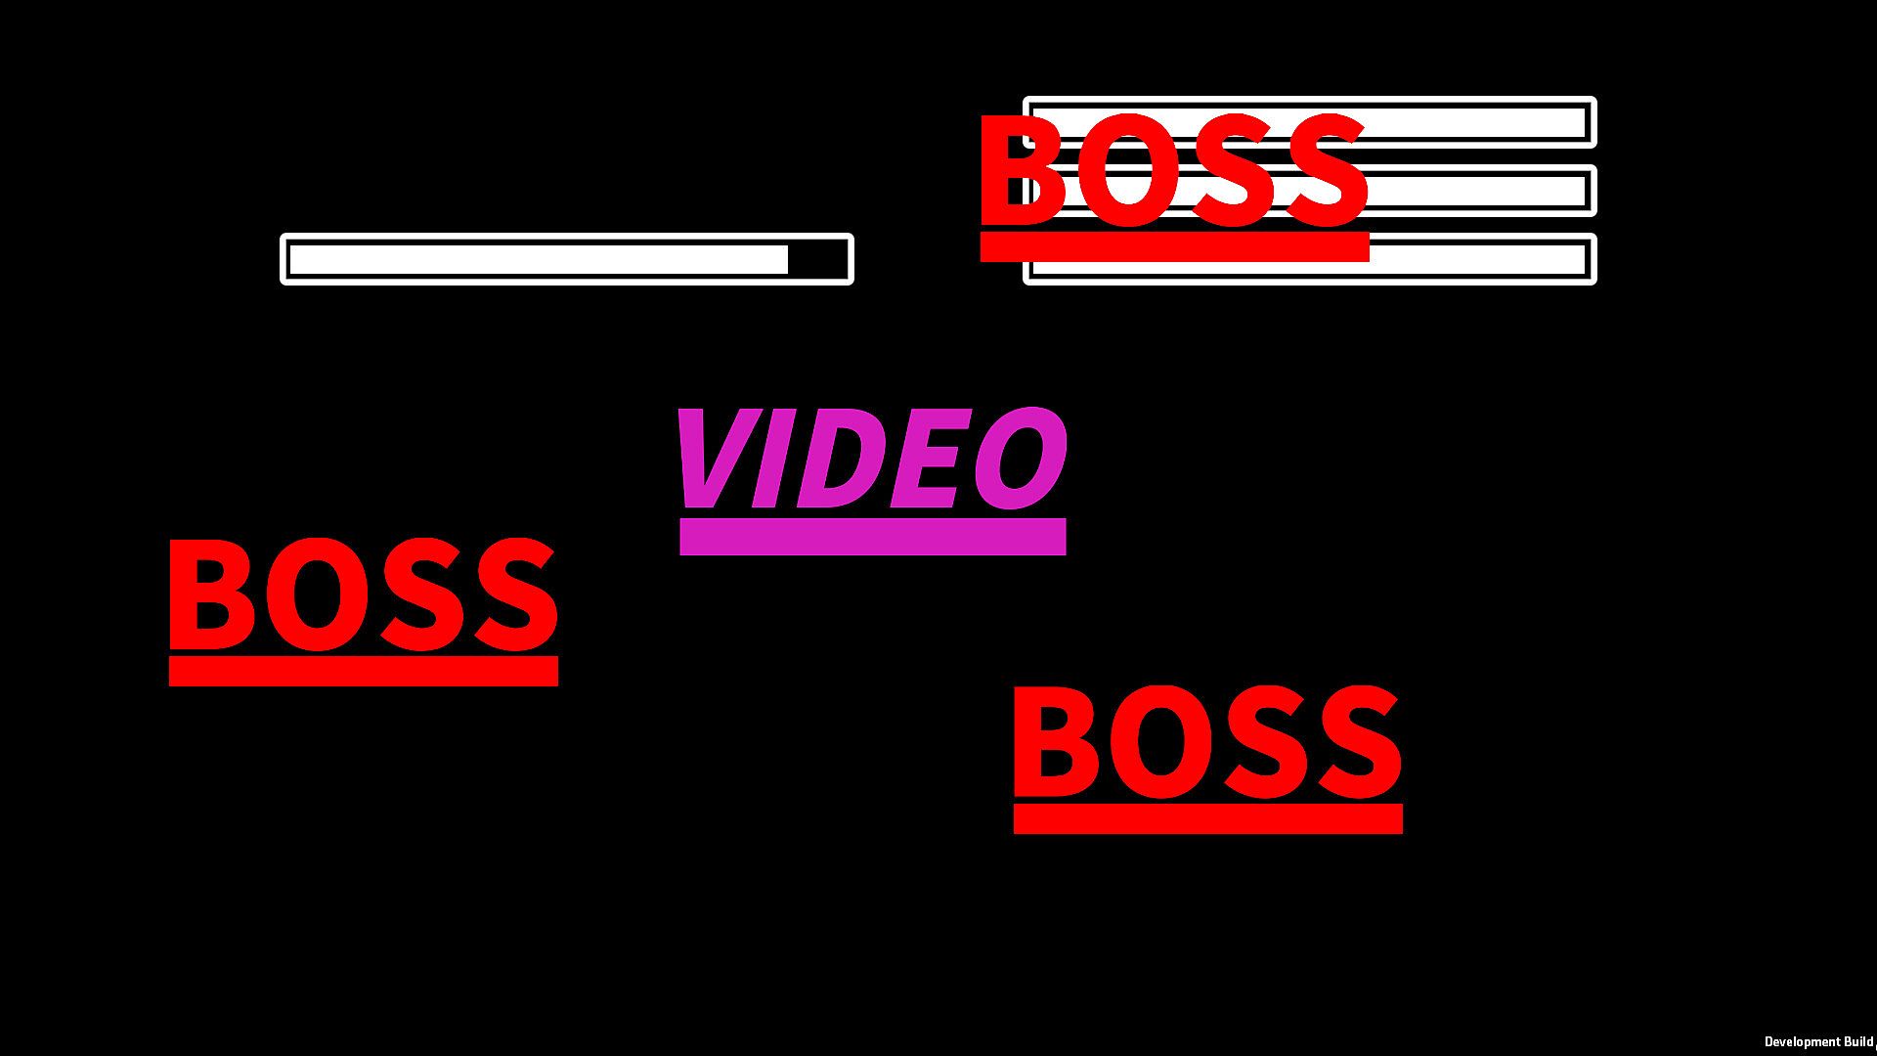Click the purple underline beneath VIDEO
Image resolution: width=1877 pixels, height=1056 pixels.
[872, 537]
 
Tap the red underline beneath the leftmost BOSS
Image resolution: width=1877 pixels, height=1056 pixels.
[363, 671]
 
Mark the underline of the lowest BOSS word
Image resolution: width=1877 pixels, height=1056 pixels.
[1207, 819]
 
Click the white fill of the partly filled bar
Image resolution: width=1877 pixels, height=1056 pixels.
[538, 259]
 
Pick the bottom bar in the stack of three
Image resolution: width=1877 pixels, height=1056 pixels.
[1476, 259]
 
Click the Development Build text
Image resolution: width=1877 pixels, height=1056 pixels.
[1817, 1042]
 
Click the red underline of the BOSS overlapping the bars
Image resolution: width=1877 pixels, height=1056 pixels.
[1174, 246]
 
